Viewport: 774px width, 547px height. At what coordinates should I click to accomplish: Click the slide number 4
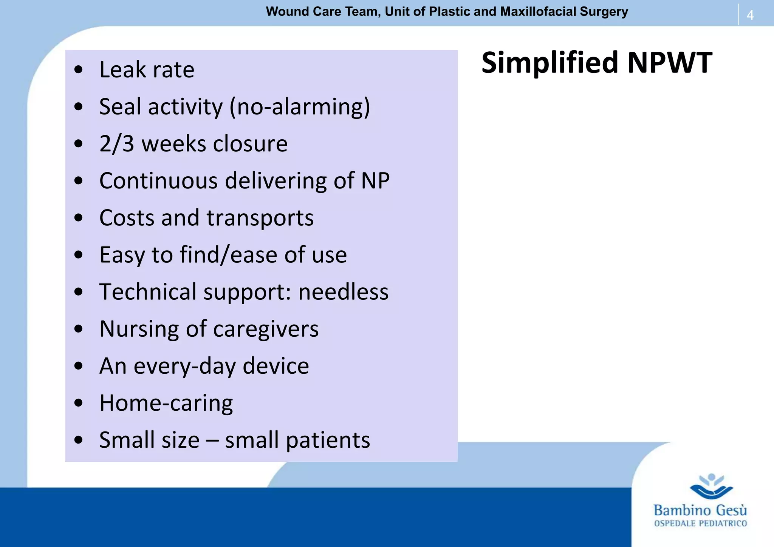click(x=750, y=15)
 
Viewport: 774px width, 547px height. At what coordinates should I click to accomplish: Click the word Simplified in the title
click(x=550, y=63)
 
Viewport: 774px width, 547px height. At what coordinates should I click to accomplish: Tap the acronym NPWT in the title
click(x=670, y=63)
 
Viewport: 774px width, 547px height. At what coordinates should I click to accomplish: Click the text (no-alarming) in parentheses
click(x=300, y=107)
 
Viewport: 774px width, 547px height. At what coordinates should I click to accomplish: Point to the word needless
click(x=343, y=292)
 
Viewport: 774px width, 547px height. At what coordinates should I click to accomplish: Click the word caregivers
click(x=266, y=329)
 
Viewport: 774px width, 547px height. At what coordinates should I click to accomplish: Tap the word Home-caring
click(x=166, y=403)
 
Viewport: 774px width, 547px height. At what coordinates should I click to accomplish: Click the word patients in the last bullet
click(x=328, y=440)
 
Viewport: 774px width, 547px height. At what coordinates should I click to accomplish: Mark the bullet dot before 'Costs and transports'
click(x=79, y=218)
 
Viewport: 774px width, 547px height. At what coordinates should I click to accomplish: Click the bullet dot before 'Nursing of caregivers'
click(x=79, y=329)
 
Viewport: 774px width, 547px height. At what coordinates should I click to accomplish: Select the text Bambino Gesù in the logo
click(x=700, y=510)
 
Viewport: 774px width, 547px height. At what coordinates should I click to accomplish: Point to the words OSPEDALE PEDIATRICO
click(x=700, y=524)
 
